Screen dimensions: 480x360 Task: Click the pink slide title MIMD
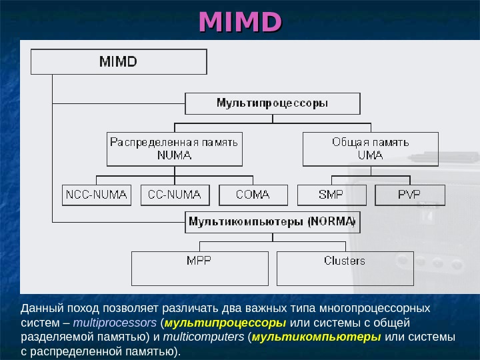pyautogui.click(x=240, y=21)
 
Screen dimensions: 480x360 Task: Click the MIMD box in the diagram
pyautogui.click(x=119, y=62)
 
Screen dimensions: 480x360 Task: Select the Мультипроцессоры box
pyautogui.click(x=272, y=103)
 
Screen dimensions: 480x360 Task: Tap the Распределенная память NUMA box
pyautogui.click(x=175, y=149)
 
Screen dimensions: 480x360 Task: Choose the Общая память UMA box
pyautogui.click(x=371, y=149)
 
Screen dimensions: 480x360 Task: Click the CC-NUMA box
pyautogui.click(x=175, y=195)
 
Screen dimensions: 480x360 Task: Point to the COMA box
pyautogui.click(x=253, y=195)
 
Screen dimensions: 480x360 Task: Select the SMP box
pyautogui.click(x=331, y=195)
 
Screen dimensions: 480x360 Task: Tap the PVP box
pyautogui.click(x=409, y=195)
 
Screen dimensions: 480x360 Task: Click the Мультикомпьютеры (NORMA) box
pyautogui.click(x=272, y=221)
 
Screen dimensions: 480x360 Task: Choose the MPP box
pyautogui.click(x=200, y=267)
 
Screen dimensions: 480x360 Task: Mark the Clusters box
pyautogui.click(x=345, y=267)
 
